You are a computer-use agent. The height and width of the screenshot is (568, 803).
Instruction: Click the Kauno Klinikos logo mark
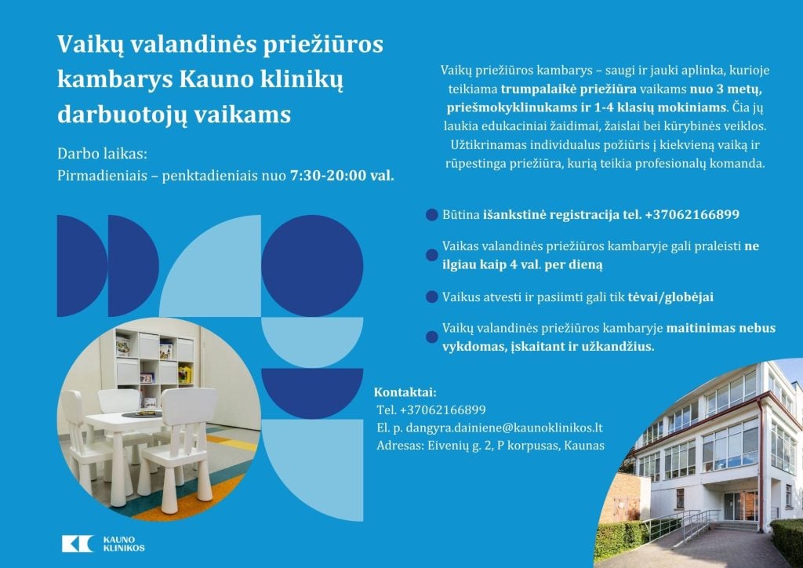click(x=78, y=544)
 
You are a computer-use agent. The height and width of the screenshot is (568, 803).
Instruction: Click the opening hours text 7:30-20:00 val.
click(x=342, y=176)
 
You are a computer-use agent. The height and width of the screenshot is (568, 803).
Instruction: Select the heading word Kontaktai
click(x=405, y=392)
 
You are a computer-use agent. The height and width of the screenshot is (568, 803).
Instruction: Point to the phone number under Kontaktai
click(x=443, y=410)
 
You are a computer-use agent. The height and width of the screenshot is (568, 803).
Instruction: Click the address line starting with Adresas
click(x=490, y=445)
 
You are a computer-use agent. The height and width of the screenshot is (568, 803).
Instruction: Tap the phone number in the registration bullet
click(x=692, y=214)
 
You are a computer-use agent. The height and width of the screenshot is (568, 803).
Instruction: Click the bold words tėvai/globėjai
click(x=670, y=297)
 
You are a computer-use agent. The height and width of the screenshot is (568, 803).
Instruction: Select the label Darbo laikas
click(x=102, y=154)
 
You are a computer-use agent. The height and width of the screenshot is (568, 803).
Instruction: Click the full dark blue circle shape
click(x=312, y=266)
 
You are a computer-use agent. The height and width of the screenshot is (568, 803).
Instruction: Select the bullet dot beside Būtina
click(x=432, y=215)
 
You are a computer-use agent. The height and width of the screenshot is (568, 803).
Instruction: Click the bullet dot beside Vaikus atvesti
click(x=432, y=297)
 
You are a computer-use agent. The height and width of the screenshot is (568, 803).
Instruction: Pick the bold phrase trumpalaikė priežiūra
click(x=569, y=89)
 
